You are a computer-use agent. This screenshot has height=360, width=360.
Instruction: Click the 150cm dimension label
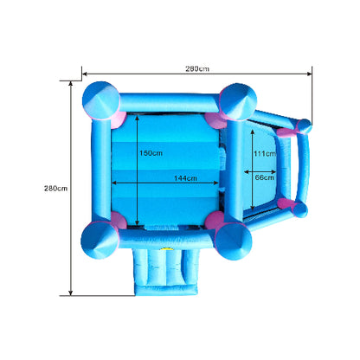[151, 153]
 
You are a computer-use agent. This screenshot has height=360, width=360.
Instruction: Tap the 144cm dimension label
[185, 178]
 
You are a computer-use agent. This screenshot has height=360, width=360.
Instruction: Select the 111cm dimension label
[265, 153]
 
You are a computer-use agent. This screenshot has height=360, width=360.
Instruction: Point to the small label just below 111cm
[264, 177]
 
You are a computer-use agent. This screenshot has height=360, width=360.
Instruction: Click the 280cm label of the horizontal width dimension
[197, 68]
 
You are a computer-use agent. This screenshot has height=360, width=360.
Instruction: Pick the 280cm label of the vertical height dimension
[55, 189]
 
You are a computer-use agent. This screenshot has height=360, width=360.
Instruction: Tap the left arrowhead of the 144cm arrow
[113, 183]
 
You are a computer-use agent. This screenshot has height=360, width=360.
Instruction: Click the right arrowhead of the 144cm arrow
[216, 183]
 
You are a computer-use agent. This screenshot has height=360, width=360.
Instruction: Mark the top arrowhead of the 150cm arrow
[138, 118]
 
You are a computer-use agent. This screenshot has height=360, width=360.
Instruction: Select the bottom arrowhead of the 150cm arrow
[138, 222]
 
